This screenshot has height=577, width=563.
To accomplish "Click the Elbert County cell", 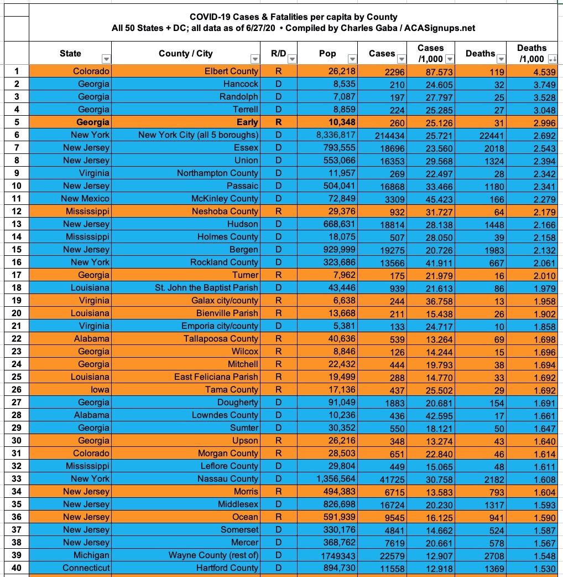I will (x=231, y=71).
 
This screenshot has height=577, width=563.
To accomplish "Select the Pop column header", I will (x=327, y=54).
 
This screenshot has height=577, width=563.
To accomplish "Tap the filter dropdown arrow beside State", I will (x=105, y=59).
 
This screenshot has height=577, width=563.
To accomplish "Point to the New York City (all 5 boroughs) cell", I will (x=199, y=135).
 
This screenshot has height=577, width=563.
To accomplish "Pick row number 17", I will (x=17, y=275).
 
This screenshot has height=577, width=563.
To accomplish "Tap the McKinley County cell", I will (x=225, y=198).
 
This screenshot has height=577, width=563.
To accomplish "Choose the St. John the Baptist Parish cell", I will (x=206, y=287).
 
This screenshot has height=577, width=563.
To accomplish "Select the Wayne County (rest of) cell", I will (x=213, y=555).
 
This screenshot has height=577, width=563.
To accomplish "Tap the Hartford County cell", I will (x=227, y=568).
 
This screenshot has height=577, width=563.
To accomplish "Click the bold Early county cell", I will (x=247, y=122).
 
